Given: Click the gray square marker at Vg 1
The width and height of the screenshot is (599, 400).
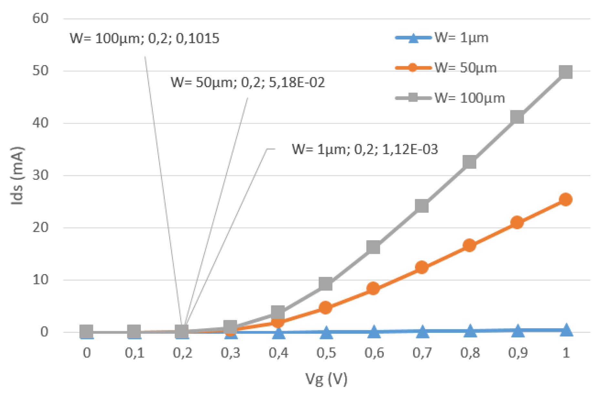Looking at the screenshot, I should click(565, 72).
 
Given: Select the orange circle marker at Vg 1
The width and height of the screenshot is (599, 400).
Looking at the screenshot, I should click(565, 200).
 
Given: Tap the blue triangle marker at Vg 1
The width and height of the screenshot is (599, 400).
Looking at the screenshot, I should click(566, 330).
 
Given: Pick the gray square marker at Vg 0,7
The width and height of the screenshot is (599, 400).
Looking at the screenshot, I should click(422, 206).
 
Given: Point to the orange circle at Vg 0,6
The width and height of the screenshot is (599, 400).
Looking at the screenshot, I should click(373, 288).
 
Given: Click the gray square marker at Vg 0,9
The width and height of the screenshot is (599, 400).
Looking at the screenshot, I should click(517, 117).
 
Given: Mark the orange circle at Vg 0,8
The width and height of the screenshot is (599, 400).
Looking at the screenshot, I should click(470, 245).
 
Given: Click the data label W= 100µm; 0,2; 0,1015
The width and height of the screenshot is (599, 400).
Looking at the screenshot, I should click(144, 38).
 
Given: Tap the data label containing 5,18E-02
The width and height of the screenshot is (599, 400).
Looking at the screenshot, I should click(248, 82).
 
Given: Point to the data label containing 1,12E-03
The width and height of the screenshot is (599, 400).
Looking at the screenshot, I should click(365, 149).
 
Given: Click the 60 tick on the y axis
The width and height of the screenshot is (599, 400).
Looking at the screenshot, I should click(40, 18).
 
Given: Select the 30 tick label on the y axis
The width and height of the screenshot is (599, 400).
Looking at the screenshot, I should click(40, 175).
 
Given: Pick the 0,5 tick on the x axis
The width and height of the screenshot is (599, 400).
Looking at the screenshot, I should click(326, 353).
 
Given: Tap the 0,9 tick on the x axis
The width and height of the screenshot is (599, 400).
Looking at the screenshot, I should click(518, 353).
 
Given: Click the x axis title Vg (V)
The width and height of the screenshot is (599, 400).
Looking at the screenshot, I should click(326, 379).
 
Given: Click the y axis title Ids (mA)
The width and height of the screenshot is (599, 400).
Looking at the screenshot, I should click(17, 176).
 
